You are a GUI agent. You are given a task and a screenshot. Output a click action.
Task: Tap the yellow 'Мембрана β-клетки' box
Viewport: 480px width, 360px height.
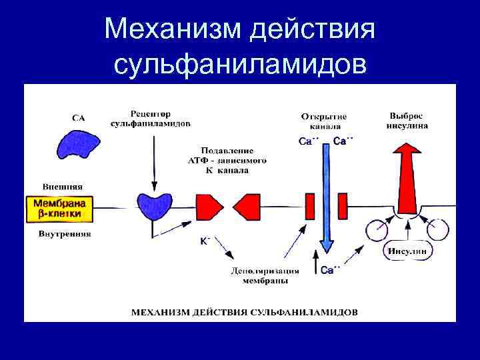tap(58, 208)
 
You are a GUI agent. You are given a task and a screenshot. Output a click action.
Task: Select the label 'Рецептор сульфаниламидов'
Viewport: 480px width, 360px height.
tap(151, 117)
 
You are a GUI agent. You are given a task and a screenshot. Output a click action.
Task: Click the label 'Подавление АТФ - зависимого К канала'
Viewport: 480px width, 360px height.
tap(227, 160)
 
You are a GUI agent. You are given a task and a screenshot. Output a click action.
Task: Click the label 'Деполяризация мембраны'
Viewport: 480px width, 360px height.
tap(265, 276)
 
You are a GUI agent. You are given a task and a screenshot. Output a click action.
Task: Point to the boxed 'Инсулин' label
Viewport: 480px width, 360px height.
tap(409, 251)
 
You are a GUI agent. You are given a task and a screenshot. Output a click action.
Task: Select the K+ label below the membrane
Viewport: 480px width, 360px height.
tap(205, 241)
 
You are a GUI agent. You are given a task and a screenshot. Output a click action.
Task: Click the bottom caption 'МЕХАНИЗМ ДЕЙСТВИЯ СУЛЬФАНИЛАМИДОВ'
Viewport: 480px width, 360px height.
tap(244, 311)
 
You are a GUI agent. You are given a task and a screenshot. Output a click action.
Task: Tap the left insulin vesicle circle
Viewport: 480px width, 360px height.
tap(377, 231)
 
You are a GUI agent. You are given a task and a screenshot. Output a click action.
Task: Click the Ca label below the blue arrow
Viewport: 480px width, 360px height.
tap(330, 270)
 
